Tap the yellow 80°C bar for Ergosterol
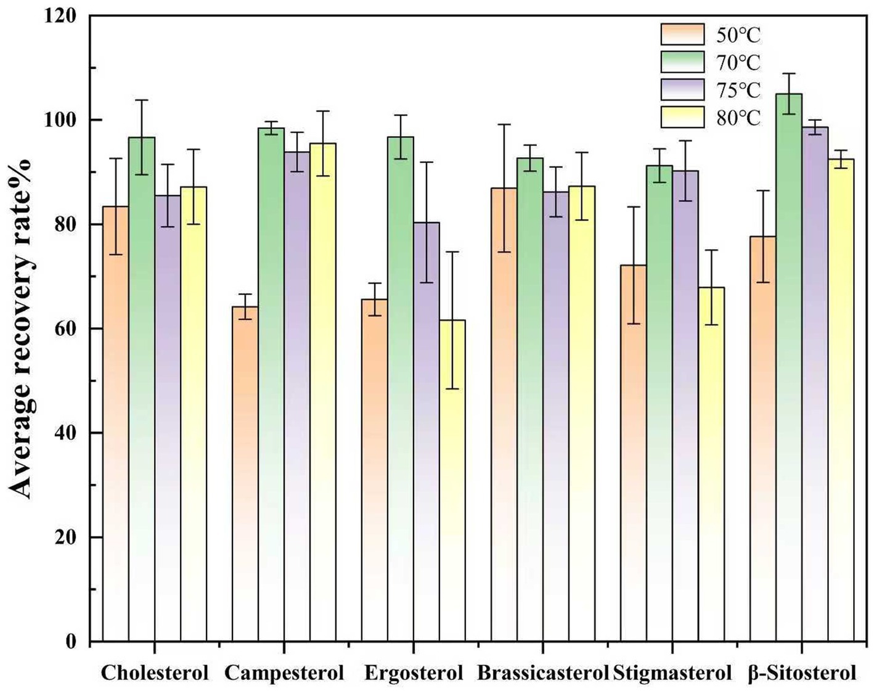[452, 481]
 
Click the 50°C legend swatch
[682, 35]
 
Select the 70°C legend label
[738, 63]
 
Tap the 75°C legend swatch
[682, 89]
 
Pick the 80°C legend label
[738, 118]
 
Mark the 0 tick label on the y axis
[71, 642]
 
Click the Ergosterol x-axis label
[413, 673]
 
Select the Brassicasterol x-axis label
[542, 673]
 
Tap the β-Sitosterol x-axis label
[802, 673]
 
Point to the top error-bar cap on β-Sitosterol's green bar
[788, 73]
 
